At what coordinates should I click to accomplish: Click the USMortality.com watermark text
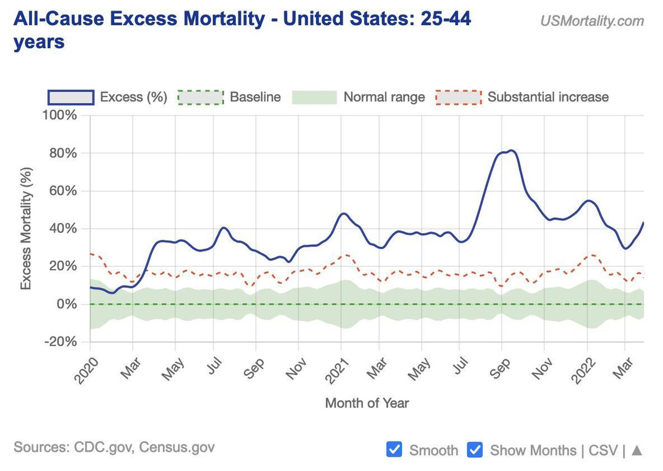592,21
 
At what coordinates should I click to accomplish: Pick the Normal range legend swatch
314,97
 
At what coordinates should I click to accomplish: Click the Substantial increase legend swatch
458,97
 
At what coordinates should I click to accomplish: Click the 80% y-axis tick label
62,153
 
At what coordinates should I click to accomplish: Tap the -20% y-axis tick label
61,342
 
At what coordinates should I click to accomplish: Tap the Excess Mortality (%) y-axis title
26,228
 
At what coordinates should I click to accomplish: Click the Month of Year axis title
367,403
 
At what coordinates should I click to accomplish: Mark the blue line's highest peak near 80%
511,151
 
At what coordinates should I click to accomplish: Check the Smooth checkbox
394,450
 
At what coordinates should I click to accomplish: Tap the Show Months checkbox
475,450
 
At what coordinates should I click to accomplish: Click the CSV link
603,450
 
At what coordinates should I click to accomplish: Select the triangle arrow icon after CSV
637,450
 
